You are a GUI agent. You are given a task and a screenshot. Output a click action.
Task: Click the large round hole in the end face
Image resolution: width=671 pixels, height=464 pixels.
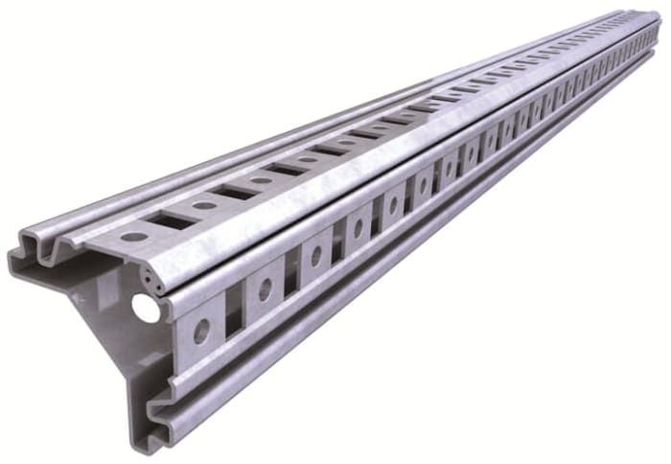click(x=143, y=307)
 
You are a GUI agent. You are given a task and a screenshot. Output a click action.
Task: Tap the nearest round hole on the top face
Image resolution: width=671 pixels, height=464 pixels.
click(x=134, y=236)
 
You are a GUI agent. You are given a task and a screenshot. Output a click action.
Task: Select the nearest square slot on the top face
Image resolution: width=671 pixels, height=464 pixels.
click(x=170, y=221)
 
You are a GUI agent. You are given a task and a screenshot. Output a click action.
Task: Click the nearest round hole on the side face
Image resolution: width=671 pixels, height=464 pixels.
click(x=201, y=330)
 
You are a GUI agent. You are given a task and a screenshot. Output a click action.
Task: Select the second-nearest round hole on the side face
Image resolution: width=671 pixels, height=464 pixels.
click(x=264, y=289)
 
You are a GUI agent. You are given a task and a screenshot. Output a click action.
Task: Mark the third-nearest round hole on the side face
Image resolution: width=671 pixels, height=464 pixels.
click(x=314, y=254)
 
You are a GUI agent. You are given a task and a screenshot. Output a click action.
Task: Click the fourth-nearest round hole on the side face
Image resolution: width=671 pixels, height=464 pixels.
click(x=358, y=228)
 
